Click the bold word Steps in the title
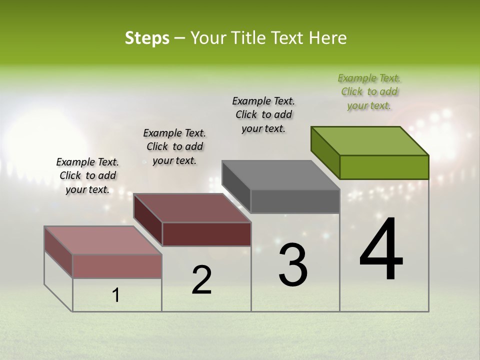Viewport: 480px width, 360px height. [x=147, y=38]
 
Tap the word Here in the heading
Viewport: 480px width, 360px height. [x=328, y=38]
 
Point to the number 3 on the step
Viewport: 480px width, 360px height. [x=292, y=264]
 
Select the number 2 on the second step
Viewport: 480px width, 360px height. [x=201, y=280]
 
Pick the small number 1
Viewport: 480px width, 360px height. [x=115, y=295]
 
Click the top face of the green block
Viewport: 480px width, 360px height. [x=370, y=140]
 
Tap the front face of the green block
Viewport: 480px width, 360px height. [x=384, y=167]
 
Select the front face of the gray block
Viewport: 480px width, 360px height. [x=295, y=201]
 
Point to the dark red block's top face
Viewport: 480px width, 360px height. [x=192, y=207]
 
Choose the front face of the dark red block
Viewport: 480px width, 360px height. [x=206, y=234]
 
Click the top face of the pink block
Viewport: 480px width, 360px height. [x=103, y=240]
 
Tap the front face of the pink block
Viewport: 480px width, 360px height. [x=117, y=266]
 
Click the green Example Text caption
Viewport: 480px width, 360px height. [x=369, y=91]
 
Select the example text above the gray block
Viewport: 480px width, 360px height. [x=263, y=114]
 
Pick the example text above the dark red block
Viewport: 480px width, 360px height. [x=174, y=146]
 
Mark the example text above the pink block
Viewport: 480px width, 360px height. [x=87, y=175]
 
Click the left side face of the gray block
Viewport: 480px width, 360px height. [x=236, y=186]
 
